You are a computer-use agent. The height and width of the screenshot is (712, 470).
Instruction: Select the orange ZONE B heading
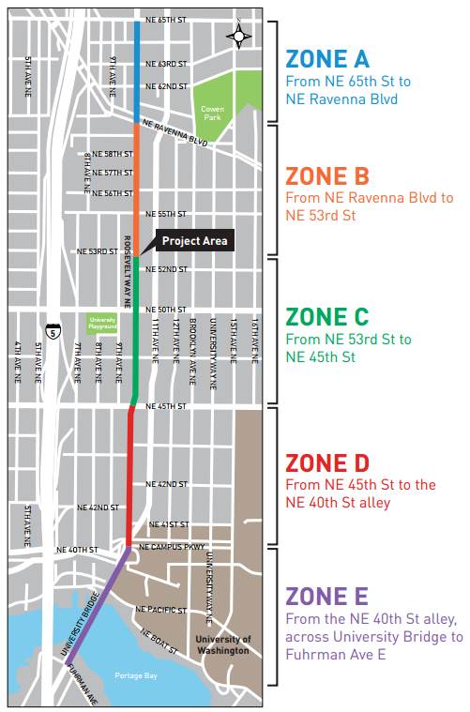tap(327, 176)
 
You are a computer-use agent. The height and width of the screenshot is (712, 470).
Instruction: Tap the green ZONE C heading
tap(327, 317)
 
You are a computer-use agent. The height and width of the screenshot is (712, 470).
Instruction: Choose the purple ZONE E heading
tap(327, 596)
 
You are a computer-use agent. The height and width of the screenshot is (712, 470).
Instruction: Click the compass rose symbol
tap(239, 37)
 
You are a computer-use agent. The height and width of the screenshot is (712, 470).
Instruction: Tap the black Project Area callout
tap(193, 241)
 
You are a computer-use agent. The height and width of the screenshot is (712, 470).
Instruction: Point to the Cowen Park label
tap(212, 113)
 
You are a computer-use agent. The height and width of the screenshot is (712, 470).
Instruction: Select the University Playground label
tap(102, 322)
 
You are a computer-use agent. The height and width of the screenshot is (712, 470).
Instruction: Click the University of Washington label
tap(223, 644)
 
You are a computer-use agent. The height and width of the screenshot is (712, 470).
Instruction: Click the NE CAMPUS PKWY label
tap(171, 546)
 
